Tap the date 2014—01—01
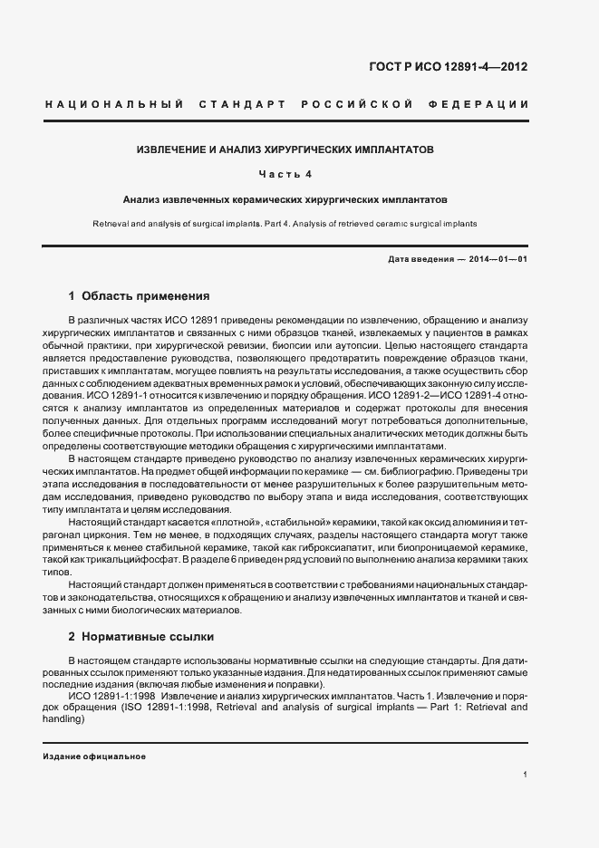tap(498, 260)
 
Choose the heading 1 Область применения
tap(140, 296)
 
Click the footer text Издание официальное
tap(94, 756)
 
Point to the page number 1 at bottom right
tap(526, 775)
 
